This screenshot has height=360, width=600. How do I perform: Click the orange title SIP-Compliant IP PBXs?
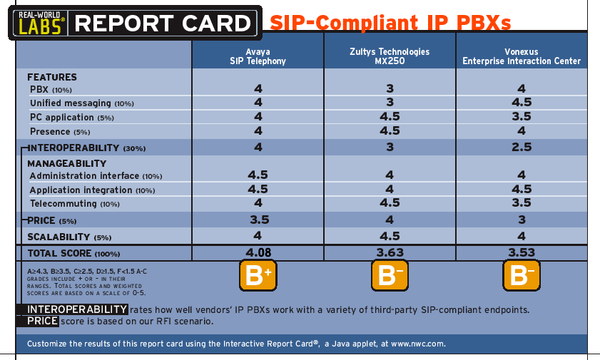coord(390,23)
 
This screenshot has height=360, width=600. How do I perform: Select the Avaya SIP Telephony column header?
coord(258,56)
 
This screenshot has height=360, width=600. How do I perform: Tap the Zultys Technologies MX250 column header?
coord(390,56)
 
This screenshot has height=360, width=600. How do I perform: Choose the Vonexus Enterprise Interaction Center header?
coord(522,56)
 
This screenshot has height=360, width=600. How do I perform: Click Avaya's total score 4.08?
coord(258,252)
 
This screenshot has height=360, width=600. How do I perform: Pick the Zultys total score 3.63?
coord(390,252)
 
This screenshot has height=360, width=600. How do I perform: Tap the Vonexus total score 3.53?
coord(522,252)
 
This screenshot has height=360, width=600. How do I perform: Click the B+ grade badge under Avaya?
coord(258,275)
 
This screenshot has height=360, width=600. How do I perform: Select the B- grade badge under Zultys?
coord(390,275)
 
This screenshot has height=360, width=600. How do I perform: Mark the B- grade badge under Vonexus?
coord(522,275)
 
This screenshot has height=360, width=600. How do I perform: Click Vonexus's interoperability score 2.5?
coord(522,147)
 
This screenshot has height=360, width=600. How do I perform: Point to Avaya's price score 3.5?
coord(260,220)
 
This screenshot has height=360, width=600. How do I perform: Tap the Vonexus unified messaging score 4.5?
coord(522,103)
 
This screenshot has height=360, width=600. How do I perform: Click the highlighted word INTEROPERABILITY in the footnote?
coord(77,309)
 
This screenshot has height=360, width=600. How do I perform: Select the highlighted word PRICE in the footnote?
coord(43,321)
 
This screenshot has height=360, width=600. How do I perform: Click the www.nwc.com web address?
coord(418,344)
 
